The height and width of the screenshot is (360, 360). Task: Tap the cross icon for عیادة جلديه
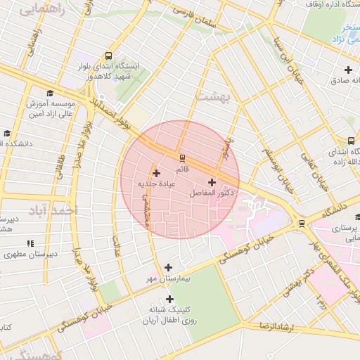156,173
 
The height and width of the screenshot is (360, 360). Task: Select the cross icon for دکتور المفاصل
212,182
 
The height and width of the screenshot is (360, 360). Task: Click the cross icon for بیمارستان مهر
168,267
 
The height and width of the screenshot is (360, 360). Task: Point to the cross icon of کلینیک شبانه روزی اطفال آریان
169,299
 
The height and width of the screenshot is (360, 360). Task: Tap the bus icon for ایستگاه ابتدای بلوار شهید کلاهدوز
108,55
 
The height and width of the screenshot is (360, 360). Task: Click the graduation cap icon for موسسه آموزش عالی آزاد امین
49,94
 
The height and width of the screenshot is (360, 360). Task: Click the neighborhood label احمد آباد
52,210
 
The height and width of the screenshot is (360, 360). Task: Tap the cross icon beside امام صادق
348,69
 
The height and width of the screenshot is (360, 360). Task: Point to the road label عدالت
117,246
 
